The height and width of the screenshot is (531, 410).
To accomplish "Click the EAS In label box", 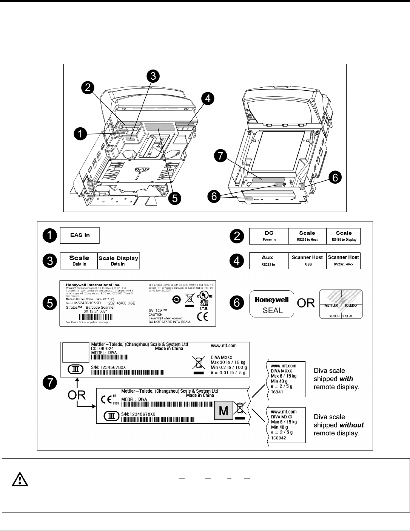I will click(80, 235).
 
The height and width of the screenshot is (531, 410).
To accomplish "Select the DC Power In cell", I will click(269, 236).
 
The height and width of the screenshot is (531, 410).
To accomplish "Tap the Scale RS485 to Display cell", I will click(343, 236).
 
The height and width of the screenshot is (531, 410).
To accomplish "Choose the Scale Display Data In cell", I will click(118, 261).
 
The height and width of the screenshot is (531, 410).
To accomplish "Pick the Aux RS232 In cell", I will click(268, 261).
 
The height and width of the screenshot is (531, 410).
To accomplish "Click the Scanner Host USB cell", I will click(307, 261).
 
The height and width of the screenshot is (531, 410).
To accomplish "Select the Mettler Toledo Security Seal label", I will click(341, 304).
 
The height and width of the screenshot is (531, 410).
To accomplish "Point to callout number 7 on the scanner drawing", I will click(221, 155).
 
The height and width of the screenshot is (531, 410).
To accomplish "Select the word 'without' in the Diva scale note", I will click(351, 425).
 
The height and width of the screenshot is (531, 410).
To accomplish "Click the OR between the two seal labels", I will click(306, 303).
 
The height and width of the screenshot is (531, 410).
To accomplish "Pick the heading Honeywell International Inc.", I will click(93, 284).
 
